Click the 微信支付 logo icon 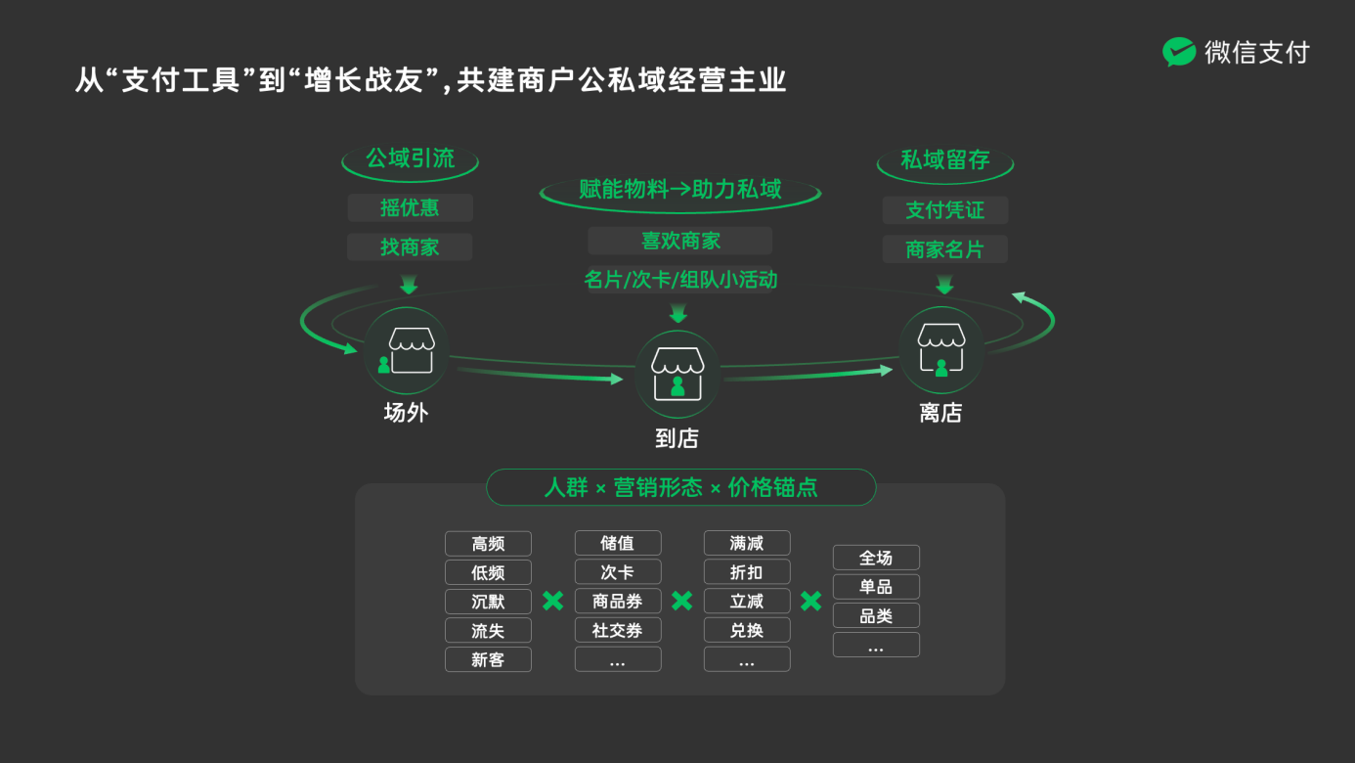1179,52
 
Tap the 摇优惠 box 410,207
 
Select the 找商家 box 410,247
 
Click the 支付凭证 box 944,209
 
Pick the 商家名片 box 944,249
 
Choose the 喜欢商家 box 680,241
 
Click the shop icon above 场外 407,351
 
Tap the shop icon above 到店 677,374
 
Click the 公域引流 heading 410,159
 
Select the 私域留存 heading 944,160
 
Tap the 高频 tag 488,544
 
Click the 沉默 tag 488,602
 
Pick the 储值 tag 618,543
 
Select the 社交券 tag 618,630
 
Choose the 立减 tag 747,601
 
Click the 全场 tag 876,558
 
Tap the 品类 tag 876,615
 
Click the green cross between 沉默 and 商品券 552,601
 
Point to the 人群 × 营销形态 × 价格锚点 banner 680,487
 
